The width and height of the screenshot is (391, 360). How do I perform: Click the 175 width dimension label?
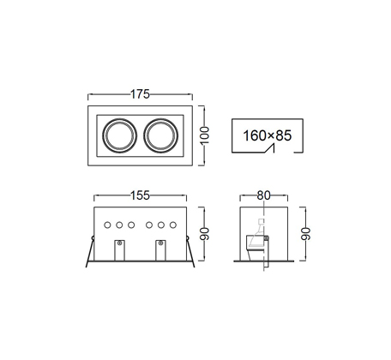(x=140, y=94)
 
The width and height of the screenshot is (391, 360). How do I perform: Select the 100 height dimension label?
(x=205, y=135)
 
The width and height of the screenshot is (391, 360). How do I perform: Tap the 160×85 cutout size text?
(x=268, y=135)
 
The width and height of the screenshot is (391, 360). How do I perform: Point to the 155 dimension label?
(x=140, y=195)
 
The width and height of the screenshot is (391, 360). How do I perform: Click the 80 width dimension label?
(x=263, y=195)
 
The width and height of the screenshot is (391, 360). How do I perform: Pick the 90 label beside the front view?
(x=205, y=234)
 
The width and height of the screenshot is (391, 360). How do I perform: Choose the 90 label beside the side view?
(x=305, y=234)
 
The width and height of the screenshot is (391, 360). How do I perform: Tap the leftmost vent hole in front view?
(x=107, y=225)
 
